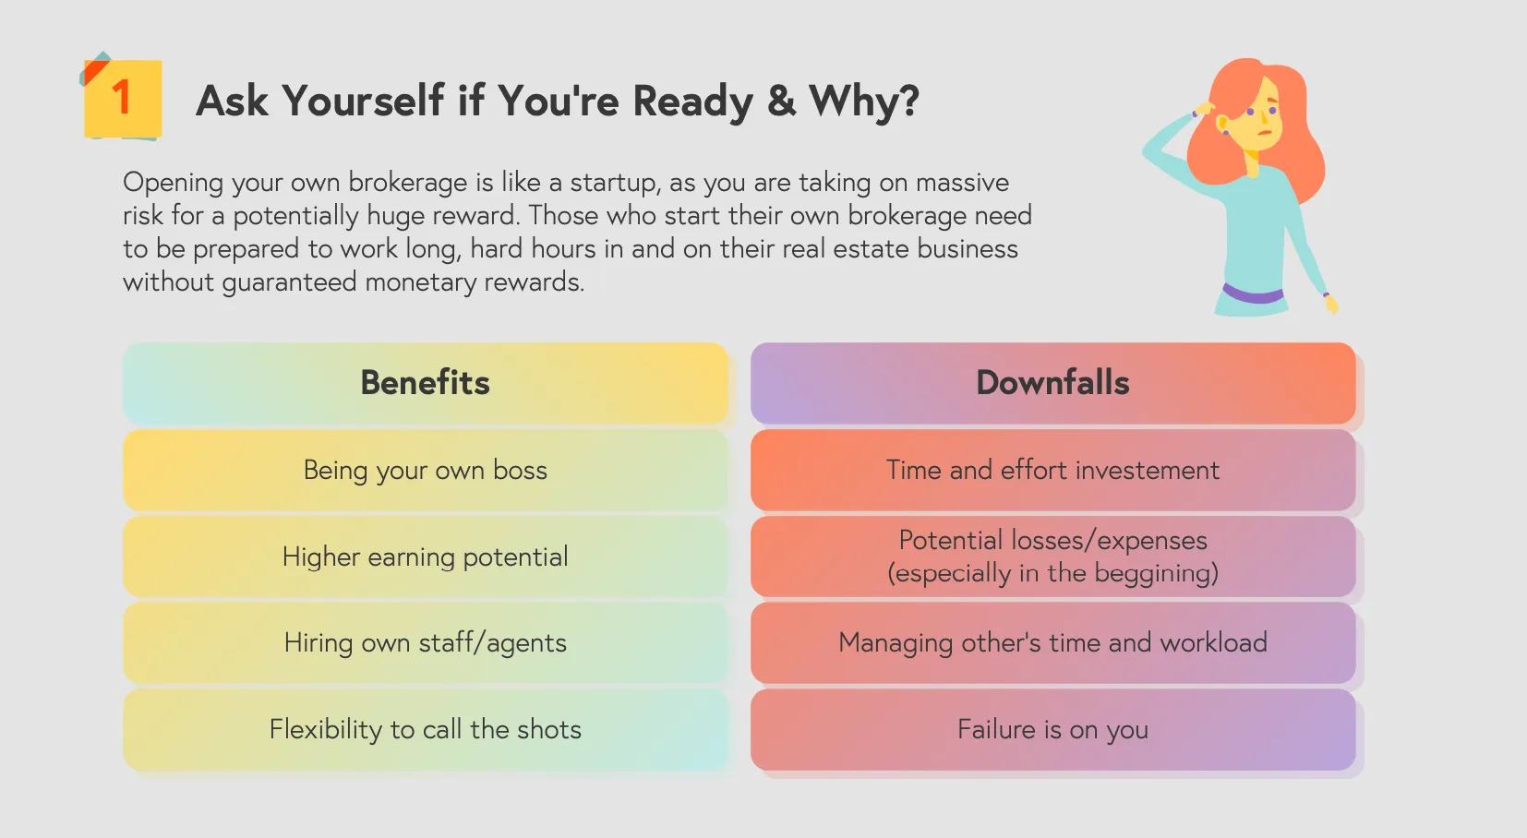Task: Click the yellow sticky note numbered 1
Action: coord(123,100)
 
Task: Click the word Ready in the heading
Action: coord(692,101)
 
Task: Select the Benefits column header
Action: coord(426,383)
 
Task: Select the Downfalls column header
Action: coord(1053,383)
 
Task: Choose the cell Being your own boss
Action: coord(426,470)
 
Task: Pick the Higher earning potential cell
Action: coord(426,557)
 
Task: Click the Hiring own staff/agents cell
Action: coord(426,642)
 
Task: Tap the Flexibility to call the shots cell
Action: coord(426,729)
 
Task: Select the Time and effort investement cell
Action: coord(1053,470)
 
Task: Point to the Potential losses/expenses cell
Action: coord(1053,557)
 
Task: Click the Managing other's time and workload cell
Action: coord(1053,642)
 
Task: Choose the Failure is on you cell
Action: coord(1053,729)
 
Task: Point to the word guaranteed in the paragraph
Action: coord(289,282)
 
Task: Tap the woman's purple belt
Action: coord(1253,294)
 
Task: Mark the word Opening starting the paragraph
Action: coord(174,184)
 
